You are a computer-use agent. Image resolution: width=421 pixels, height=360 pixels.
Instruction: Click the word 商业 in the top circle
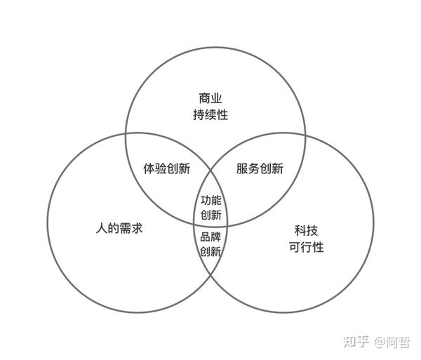[x=210, y=98]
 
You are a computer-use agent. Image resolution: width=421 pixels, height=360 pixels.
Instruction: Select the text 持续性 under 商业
[x=210, y=114]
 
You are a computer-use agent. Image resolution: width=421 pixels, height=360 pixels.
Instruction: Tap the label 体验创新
[x=166, y=168]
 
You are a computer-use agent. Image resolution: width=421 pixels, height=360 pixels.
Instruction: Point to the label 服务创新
[x=260, y=168]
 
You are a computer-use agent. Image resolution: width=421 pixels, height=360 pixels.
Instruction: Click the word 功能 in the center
[x=210, y=199]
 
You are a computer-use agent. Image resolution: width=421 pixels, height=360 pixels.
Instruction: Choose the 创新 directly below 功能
[x=210, y=215]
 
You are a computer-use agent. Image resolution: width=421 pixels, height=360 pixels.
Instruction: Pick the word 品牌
[x=210, y=236]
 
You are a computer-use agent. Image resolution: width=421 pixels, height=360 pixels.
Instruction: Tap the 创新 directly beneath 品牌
[x=210, y=251]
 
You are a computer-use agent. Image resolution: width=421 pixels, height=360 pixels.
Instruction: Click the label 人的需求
[x=119, y=229]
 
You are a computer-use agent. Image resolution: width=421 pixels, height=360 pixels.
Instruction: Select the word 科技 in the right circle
[x=306, y=230]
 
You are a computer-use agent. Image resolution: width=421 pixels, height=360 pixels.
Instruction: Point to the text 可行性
[x=306, y=247]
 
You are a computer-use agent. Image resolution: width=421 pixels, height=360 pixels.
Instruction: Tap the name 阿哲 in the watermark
[x=399, y=342]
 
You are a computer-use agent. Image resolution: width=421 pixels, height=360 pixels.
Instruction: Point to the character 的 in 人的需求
[x=112, y=229]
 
